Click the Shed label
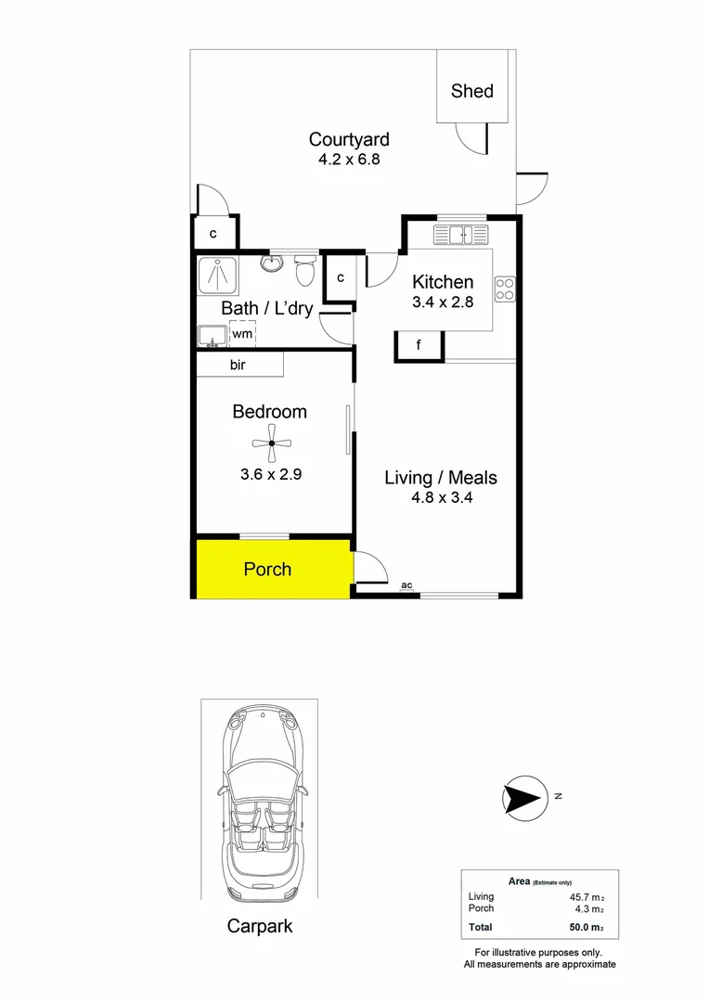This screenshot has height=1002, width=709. (471, 91)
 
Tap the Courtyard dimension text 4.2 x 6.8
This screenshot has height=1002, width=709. (349, 159)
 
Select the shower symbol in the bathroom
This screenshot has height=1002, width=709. (218, 276)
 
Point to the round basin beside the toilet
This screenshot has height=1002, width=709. (272, 265)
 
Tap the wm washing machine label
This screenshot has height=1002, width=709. (241, 333)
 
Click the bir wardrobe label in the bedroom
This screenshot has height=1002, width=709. (238, 366)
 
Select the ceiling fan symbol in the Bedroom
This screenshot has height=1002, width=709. (271, 443)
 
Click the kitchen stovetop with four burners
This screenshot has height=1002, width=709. (505, 289)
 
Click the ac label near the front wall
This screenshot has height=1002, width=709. (406, 585)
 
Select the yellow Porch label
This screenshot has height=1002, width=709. (267, 569)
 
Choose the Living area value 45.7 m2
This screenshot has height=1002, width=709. (587, 897)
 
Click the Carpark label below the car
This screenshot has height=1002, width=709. (260, 926)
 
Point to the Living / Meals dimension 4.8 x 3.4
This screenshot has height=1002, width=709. (441, 498)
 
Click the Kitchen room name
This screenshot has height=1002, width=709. (443, 282)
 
